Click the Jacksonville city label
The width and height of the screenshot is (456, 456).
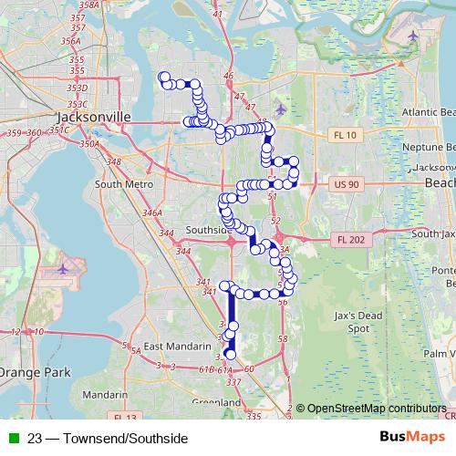[x=93, y=118]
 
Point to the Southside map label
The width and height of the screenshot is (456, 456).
[x=205, y=229]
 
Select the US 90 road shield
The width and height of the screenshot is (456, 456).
[x=347, y=184]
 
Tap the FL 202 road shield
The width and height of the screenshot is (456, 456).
[x=348, y=239]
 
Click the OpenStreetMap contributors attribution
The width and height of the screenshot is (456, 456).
[x=376, y=409]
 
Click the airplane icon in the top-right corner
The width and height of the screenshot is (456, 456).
[x=415, y=36]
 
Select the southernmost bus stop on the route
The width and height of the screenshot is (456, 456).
[x=230, y=355]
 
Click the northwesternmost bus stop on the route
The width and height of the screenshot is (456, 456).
[x=163, y=77]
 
